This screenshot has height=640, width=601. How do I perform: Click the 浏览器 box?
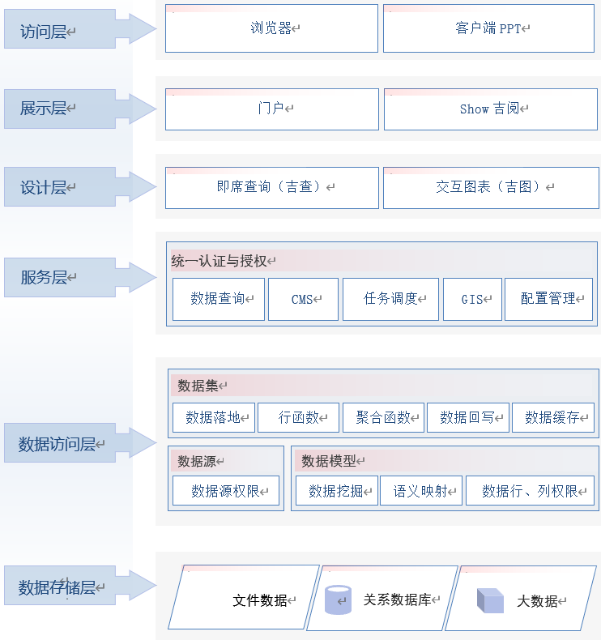click(x=271, y=28)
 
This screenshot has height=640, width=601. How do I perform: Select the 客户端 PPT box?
click(x=490, y=28)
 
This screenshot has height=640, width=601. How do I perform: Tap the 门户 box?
click(x=271, y=109)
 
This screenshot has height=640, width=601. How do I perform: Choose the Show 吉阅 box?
click(x=491, y=109)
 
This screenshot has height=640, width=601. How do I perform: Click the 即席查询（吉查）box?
click(x=271, y=187)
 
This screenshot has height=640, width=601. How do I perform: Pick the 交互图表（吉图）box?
click(x=490, y=187)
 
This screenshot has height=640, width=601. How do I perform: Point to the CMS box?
click(x=302, y=299)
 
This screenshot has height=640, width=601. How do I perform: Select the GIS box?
click(x=472, y=299)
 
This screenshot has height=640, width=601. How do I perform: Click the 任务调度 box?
click(x=391, y=299)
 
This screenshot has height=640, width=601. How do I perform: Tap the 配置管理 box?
click(x=548, y=299)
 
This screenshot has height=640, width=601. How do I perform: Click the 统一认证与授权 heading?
click(x=219, y=261)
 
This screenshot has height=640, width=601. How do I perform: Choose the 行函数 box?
click(x=298, y=418)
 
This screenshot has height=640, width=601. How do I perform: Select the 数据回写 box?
click(x=467, y=418)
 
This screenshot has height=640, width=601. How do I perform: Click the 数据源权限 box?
click(x=225, y=491)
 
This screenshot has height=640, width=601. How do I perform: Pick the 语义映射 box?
click(x=421, y=491)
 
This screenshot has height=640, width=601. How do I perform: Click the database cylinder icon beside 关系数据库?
click(x=338, y=600)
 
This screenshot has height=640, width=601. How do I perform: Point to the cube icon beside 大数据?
click(x=490, y=600)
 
